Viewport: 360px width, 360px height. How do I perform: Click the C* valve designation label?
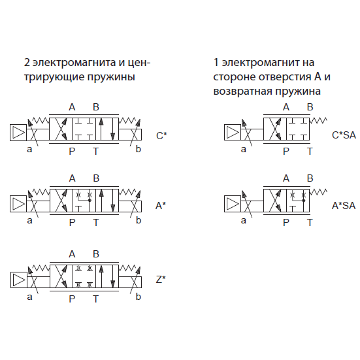click(x=161, y=135)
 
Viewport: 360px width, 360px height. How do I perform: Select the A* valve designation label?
click(x=161, y=206)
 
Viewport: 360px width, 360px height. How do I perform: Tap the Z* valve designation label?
click(x=161, y=280)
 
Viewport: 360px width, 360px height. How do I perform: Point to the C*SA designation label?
click(x=344, y=135)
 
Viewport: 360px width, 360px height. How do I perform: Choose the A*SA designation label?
click(x=344, y=206)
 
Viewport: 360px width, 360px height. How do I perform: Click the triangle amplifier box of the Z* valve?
click(x=19, y=280)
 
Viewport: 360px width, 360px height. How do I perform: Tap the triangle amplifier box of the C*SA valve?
click(x=233, y=132)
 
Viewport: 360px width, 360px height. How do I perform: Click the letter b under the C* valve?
click(x=139, y=149)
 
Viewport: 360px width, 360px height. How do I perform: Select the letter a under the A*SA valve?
click(x=243, y=221)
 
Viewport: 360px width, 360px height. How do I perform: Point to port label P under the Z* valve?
click(x=72, y=299)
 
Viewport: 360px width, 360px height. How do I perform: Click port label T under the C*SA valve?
click(x=310, y=152)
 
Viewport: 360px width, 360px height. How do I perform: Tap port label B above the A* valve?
click(x=96, y=178)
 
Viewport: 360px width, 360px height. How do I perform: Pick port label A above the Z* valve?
click(x=72, y=254)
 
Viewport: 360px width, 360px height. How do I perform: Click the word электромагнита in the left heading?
click(x=74, y=63)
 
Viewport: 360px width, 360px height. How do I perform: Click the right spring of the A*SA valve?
click(x=318, y=191)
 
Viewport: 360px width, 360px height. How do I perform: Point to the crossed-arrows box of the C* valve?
click(x=61, y=129)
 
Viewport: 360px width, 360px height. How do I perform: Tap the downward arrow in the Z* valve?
click(x=113, y=276)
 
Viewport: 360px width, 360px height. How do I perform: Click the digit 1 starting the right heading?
click(x=216, y=63)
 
